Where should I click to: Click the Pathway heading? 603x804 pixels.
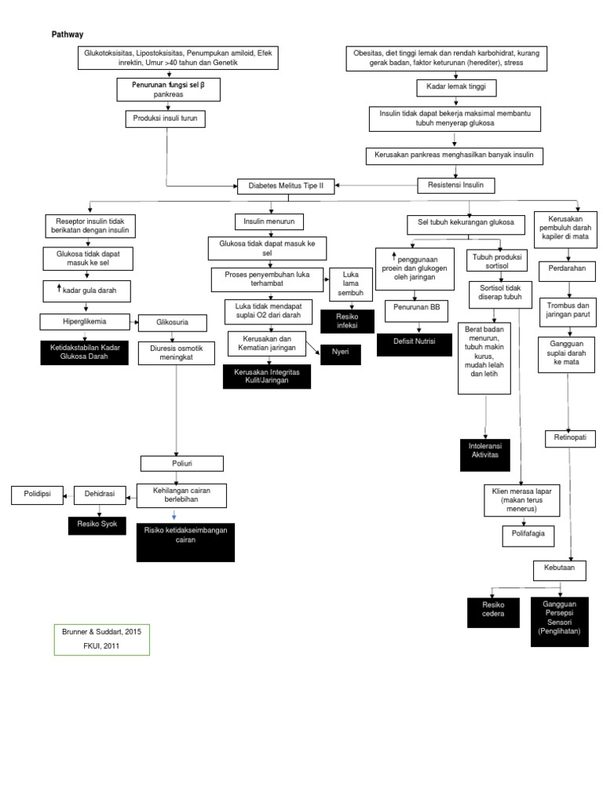68,35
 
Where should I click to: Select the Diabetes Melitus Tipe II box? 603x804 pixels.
286,187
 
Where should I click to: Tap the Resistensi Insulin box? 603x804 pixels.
455,185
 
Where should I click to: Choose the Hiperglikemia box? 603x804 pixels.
86,321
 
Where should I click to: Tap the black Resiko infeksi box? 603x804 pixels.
345,319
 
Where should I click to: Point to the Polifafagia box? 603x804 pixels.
528,536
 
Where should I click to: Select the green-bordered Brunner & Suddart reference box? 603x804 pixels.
100,638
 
